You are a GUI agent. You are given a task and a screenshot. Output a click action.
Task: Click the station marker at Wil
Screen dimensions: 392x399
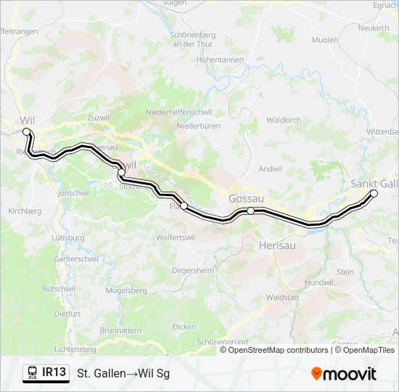point(27,131)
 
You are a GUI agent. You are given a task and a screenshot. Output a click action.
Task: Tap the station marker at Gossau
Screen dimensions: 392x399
point(250,211)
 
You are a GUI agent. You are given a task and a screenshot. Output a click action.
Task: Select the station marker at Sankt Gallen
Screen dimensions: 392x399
point(374,193)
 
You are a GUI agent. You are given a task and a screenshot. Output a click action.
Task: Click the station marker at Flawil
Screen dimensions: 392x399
point(184,206)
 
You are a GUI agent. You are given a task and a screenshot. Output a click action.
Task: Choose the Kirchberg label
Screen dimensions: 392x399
point(25,211)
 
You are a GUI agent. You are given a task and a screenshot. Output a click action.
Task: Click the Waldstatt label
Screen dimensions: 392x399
point(283,298)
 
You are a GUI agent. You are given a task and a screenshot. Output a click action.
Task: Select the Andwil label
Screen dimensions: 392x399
point(269,169)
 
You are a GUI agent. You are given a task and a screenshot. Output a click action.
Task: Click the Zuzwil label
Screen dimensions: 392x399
point(77,116)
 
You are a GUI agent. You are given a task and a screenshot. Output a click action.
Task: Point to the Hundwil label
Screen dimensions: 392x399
point(318,282)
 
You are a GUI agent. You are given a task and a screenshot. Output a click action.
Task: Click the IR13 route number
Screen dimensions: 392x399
point(54,373)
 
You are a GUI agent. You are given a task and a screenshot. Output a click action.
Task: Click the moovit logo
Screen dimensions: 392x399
point(344,374)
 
